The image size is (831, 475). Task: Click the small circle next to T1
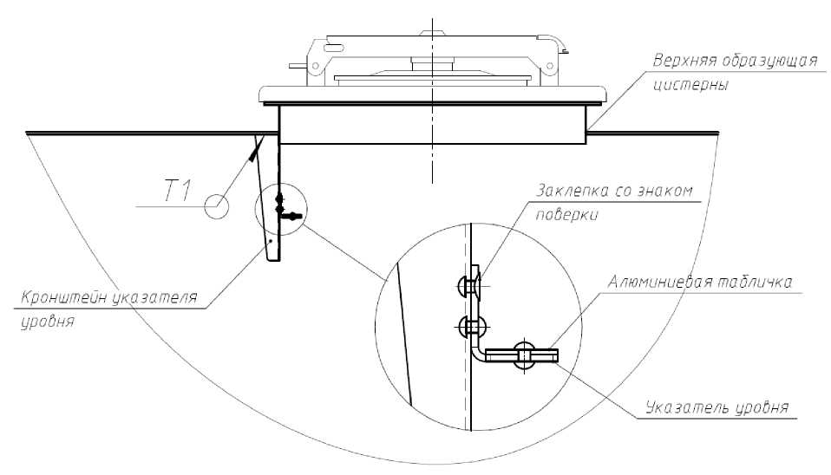coord(215,206)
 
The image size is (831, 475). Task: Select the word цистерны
coord(691,86)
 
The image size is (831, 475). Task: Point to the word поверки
coord(567,214)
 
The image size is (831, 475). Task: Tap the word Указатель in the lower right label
coord(687,407)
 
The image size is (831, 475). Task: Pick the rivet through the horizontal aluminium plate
coord(523,355)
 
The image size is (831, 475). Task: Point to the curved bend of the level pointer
coord(477,353)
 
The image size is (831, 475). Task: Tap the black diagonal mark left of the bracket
coord(252,153)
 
